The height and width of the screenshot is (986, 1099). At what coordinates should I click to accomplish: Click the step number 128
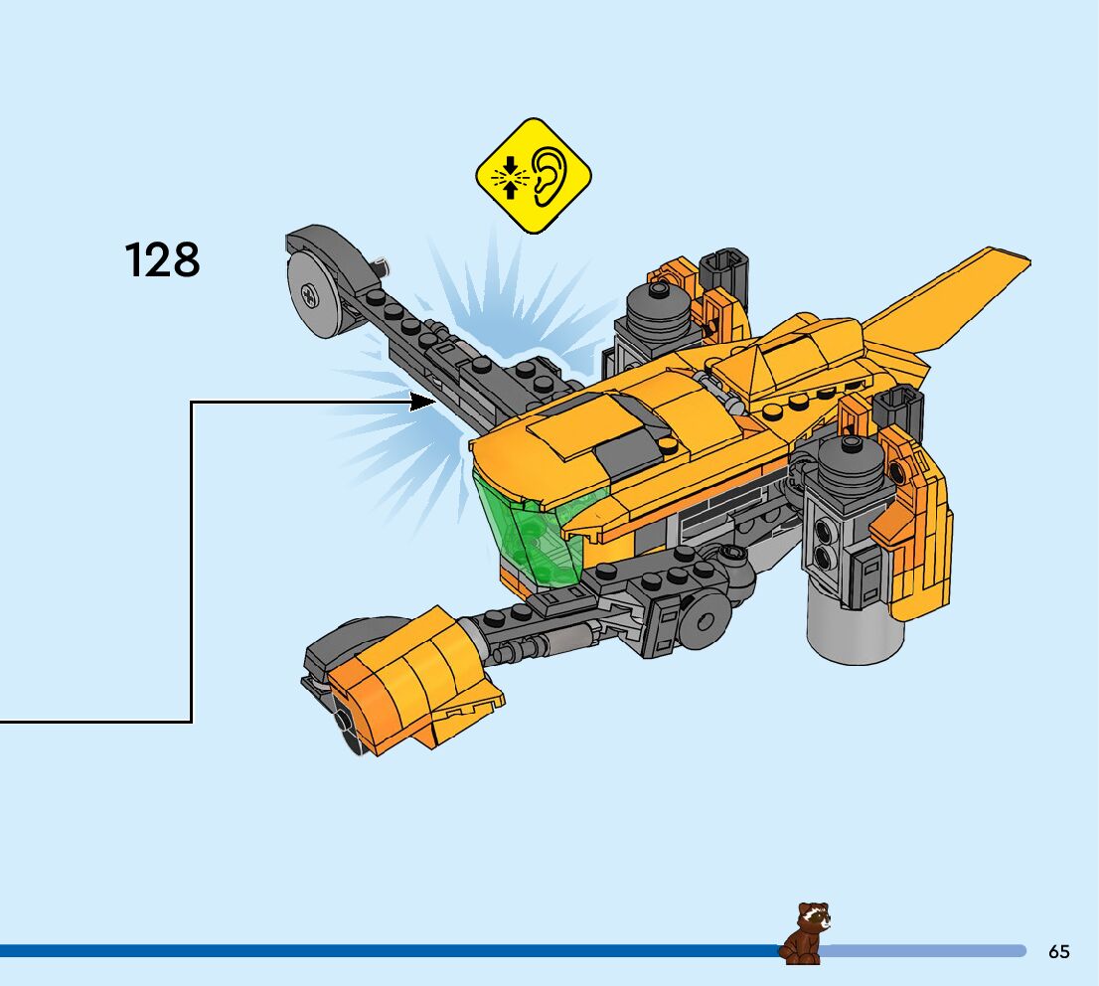(163, 260)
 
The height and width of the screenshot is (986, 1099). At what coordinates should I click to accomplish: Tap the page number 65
(1058, 951)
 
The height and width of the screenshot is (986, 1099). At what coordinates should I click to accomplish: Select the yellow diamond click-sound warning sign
(533, 176)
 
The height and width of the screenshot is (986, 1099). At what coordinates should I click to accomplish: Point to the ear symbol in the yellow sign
(549, 176)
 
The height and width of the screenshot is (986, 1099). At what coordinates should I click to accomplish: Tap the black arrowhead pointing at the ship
(425, 403)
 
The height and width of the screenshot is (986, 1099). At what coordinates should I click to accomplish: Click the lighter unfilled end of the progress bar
(924, 951)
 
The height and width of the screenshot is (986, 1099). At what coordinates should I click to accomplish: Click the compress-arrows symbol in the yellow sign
(510, 177)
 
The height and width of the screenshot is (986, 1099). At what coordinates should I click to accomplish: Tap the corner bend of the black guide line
(191, 404)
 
